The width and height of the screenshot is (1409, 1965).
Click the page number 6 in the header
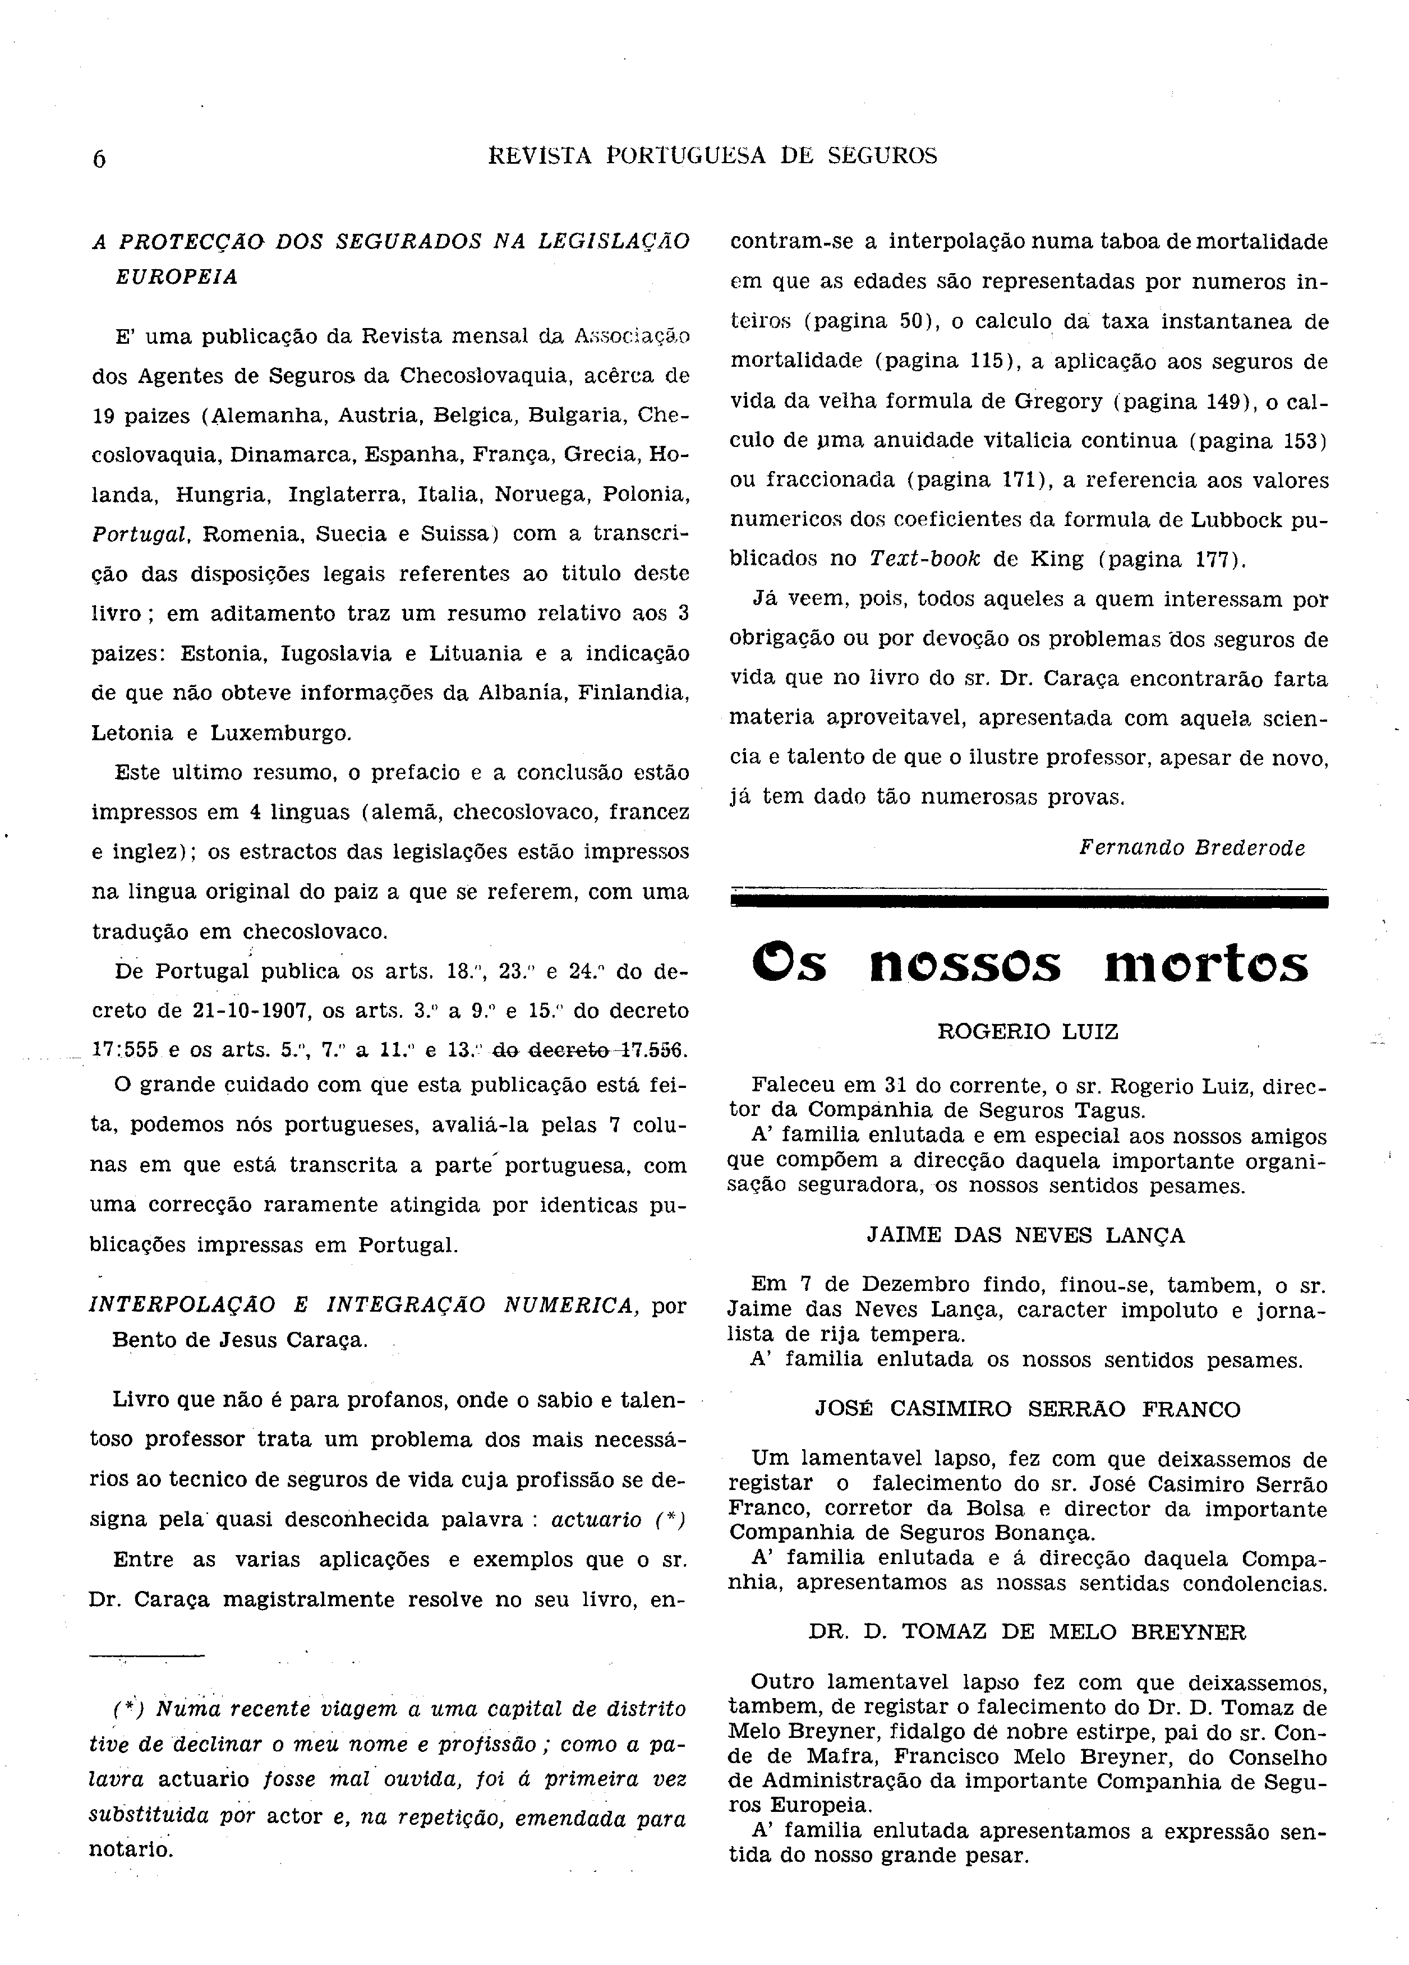(x=99, y=159)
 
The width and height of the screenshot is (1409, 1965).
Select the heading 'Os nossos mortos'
(x=1029, y=965)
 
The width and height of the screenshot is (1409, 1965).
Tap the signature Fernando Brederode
(x=1191, y=848)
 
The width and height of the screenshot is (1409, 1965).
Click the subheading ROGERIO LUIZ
(x=1028, y=1032)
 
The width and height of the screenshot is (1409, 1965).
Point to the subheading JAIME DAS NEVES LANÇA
(x=1026, y=1235)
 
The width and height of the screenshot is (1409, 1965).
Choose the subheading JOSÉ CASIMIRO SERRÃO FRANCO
(x=1028, y=1409)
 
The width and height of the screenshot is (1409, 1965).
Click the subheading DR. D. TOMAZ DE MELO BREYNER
(x=1028, y=1632)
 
